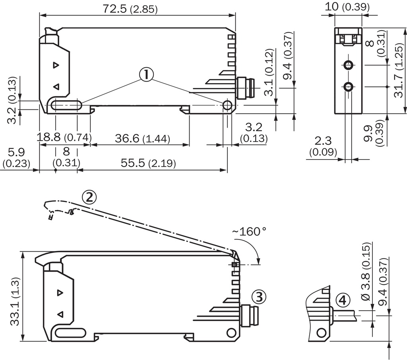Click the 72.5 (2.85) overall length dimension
point(130,9)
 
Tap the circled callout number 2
point(89,197)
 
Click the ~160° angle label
point(249,231)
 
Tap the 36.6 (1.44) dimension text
point(142,138)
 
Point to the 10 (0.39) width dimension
point(347,6)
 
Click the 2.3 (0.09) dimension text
point(323,146)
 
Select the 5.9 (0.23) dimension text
point(16,158)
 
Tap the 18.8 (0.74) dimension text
point(64,137)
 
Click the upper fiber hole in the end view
point(349,65)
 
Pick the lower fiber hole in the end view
point(349,86)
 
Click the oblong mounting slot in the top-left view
point(66,106)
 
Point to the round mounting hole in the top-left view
point(227,105)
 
